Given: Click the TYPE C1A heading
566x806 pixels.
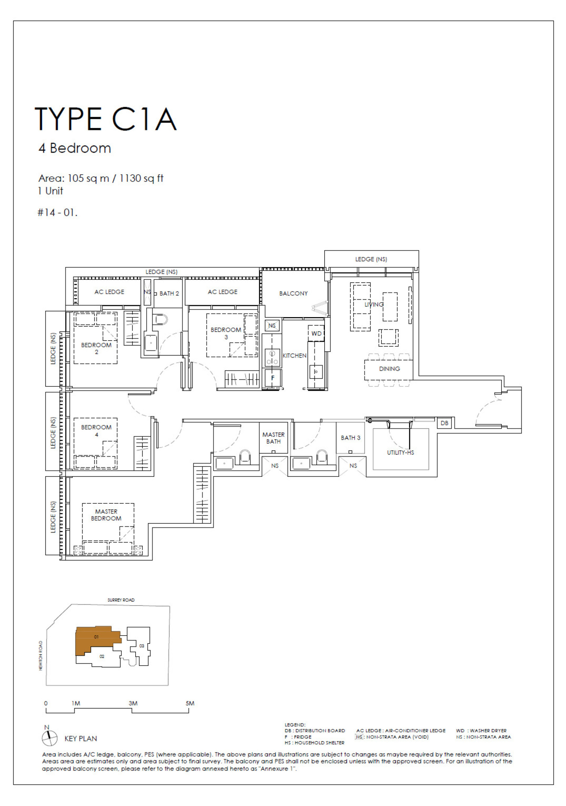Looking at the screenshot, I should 106,119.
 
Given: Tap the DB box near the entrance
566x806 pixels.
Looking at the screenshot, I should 444,423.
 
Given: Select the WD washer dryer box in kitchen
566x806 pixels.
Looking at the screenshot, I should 316,333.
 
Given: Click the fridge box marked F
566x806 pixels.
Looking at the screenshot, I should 272,378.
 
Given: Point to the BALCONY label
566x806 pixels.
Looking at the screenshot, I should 293,293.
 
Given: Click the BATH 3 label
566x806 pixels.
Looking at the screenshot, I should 350,438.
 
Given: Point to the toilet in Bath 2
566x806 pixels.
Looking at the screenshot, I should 161,319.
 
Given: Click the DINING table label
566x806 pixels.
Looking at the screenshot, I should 389,369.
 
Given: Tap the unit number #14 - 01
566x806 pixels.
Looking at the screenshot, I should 57,212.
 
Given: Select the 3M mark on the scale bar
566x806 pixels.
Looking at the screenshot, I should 133,703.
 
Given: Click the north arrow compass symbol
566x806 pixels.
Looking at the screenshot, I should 50,738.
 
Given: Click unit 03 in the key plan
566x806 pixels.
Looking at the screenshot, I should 141,646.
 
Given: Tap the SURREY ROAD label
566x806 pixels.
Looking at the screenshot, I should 121,600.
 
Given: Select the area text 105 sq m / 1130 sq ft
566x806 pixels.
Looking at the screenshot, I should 101,178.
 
